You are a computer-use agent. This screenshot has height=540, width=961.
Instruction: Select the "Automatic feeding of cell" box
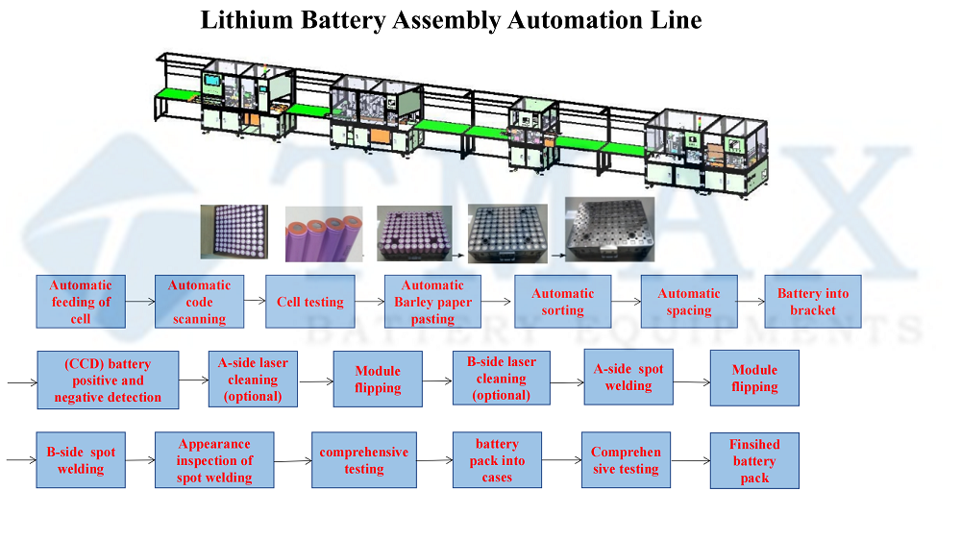(x=81, y=302)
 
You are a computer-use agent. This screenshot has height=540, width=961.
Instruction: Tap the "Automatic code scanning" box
(x=199, y=302)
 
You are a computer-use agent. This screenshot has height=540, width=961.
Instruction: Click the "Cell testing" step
(x=310, y=302)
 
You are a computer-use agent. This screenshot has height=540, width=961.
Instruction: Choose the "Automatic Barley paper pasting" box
(x=432, y=302)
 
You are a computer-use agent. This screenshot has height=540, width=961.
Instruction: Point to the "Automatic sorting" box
(x=562, y=302)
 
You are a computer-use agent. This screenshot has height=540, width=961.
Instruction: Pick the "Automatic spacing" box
(x=689, y=302)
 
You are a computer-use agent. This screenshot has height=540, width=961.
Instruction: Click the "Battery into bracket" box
(x=813, y=302)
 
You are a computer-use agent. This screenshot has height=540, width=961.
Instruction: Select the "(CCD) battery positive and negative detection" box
(x=108, y=380)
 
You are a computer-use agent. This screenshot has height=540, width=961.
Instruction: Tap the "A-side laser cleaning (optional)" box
(x=253, y=379)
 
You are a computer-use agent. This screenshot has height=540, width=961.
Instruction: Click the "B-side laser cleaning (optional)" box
(x=502, y=379)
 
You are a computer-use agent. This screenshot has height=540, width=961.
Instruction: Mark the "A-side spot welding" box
(x=628, y=378)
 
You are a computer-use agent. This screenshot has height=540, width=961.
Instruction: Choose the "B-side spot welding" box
(x=81, y=460)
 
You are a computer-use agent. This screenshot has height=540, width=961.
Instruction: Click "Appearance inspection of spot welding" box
(x=214, y=460)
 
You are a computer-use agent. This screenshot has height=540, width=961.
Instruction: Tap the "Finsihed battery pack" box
(x=754, y=460)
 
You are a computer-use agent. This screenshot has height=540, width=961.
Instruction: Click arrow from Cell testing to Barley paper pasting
(x=370, y=302)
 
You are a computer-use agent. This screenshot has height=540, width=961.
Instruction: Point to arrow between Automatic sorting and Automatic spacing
(x=626, y=302)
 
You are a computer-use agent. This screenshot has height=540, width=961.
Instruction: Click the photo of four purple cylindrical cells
(x=324, y=234)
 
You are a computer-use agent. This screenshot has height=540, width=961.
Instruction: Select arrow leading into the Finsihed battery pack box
(x=690, y=460)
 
